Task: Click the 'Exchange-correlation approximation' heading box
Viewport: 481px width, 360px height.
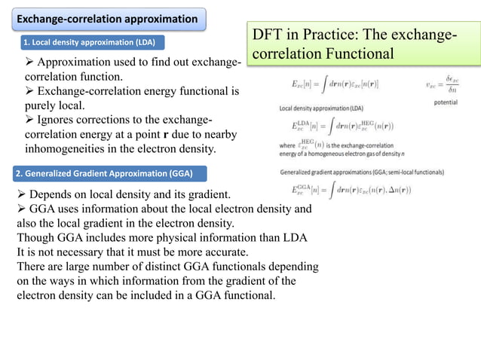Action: [x=108, y=18]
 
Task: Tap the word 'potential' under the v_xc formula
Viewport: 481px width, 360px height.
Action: [x=450, y=102]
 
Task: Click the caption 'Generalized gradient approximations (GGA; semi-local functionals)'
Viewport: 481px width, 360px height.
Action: [x=362, y=172]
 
